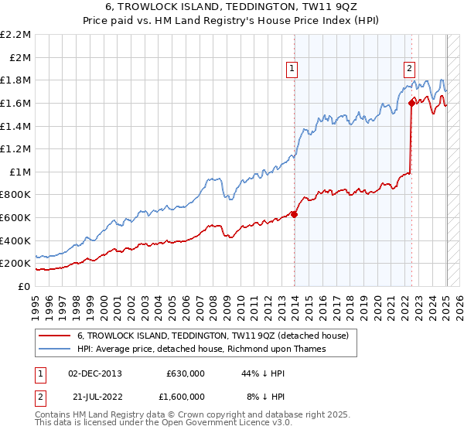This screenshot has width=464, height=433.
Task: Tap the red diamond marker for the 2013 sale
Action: click(295, 214)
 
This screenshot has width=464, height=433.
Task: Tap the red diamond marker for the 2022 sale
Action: click(411, 103)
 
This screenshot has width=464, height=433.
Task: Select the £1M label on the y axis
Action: click(20, 172)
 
